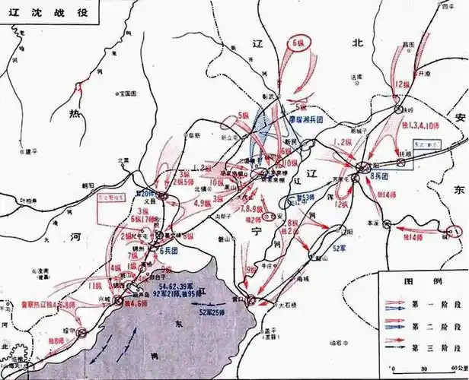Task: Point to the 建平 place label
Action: [x=30, y=151]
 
